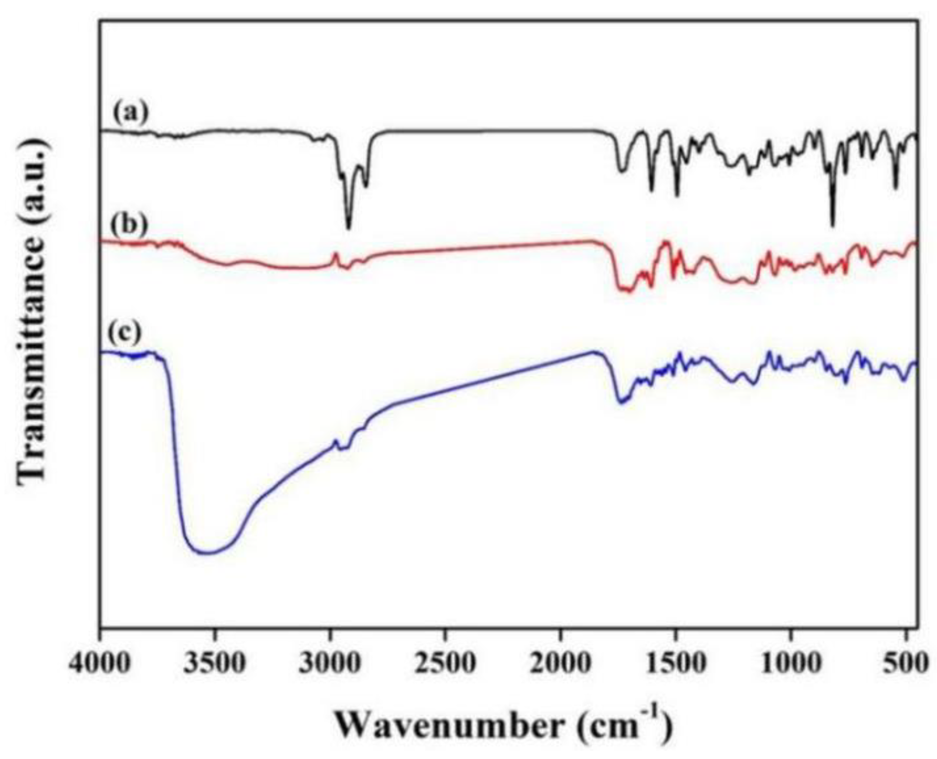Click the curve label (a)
tap(131, 113)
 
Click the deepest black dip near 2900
tap(349, 228)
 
